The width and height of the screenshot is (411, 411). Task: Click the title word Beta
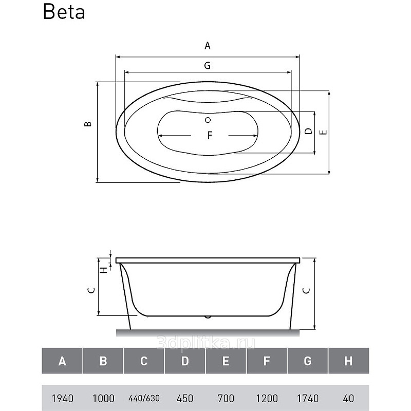[64, 12]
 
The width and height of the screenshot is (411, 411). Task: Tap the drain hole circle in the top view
[208, 120]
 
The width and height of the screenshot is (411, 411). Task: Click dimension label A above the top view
[208, 46]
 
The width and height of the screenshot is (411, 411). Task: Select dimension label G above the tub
[208, 65]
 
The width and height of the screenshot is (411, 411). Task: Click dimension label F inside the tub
[210, 135]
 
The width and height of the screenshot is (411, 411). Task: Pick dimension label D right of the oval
[309, 131]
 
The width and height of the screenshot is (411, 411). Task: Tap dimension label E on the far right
[324, 132]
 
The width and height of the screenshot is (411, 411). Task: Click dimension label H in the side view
[105, 269]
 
